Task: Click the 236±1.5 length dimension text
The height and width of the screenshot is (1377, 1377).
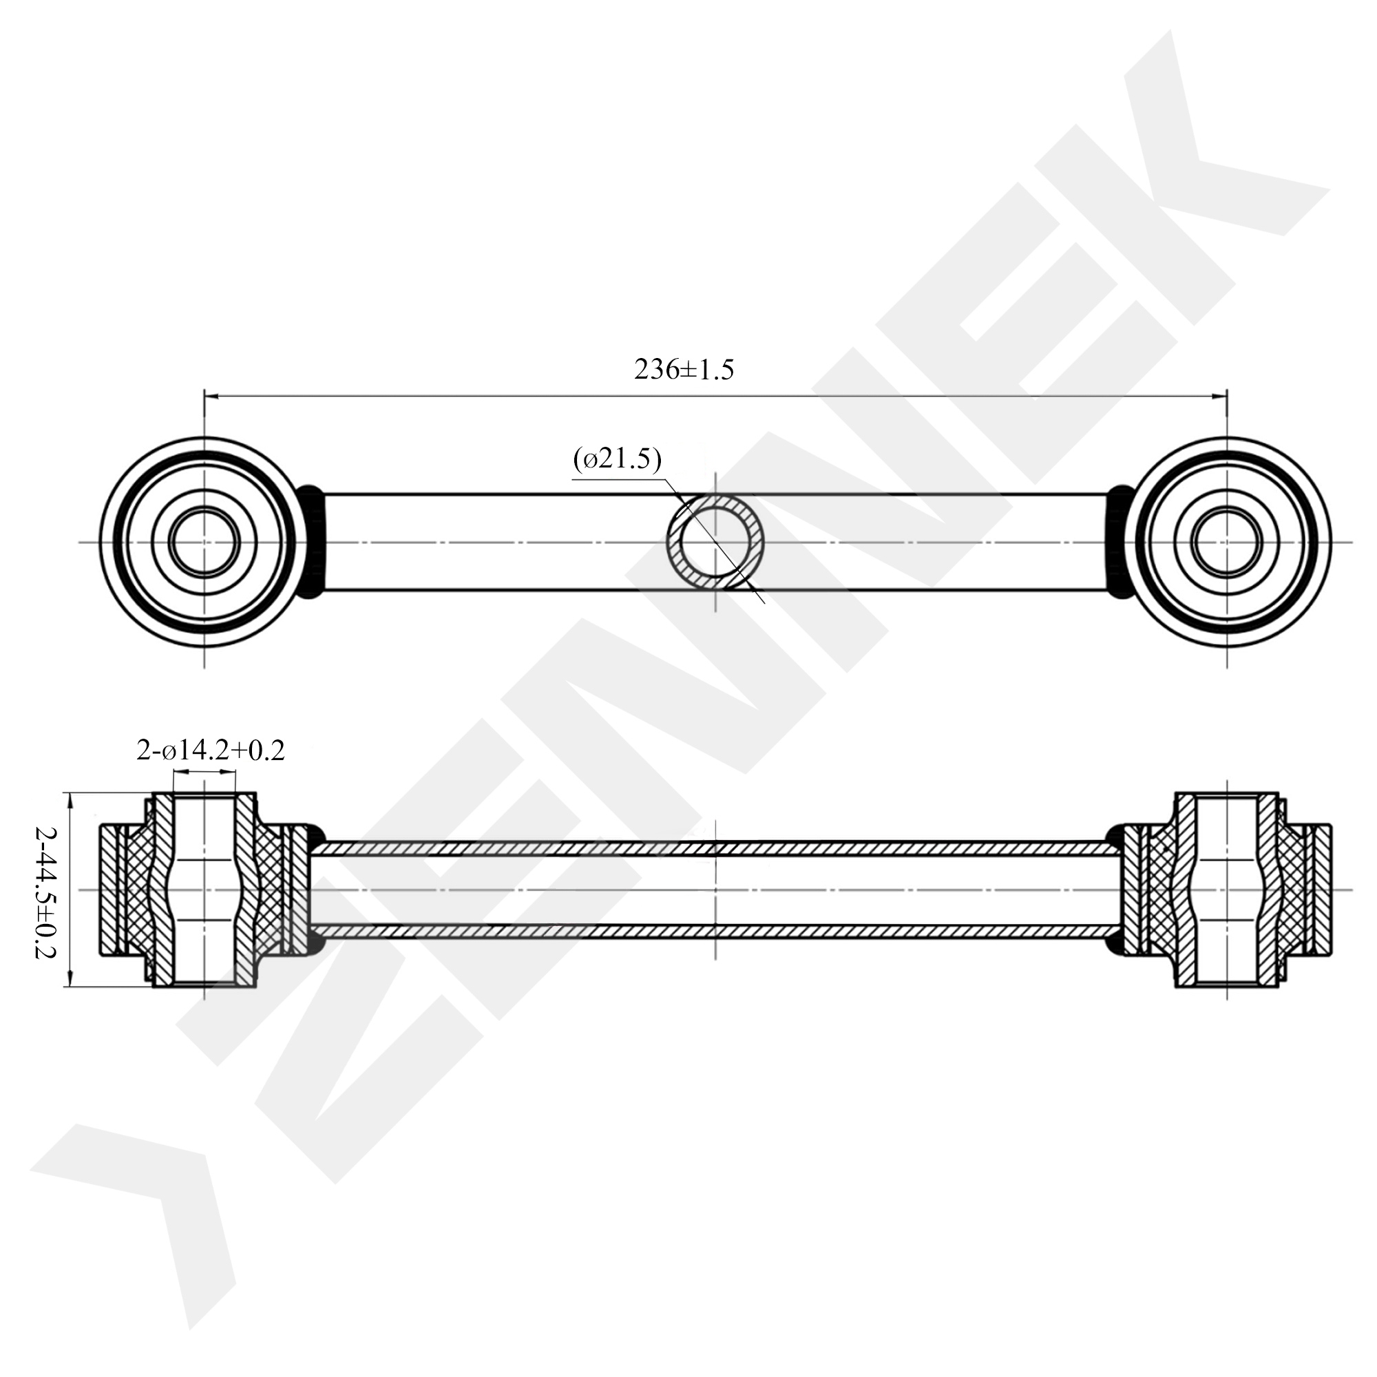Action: (684, 370)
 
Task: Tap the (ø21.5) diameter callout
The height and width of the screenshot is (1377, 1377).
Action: (617, 459)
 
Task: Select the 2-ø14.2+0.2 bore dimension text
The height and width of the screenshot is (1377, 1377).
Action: (210, 750)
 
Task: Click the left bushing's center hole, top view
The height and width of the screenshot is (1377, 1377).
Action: (204, 542)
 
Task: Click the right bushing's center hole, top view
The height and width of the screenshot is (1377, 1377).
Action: (1227, 542)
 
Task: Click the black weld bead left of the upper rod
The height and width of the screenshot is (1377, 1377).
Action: (311, 542)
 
